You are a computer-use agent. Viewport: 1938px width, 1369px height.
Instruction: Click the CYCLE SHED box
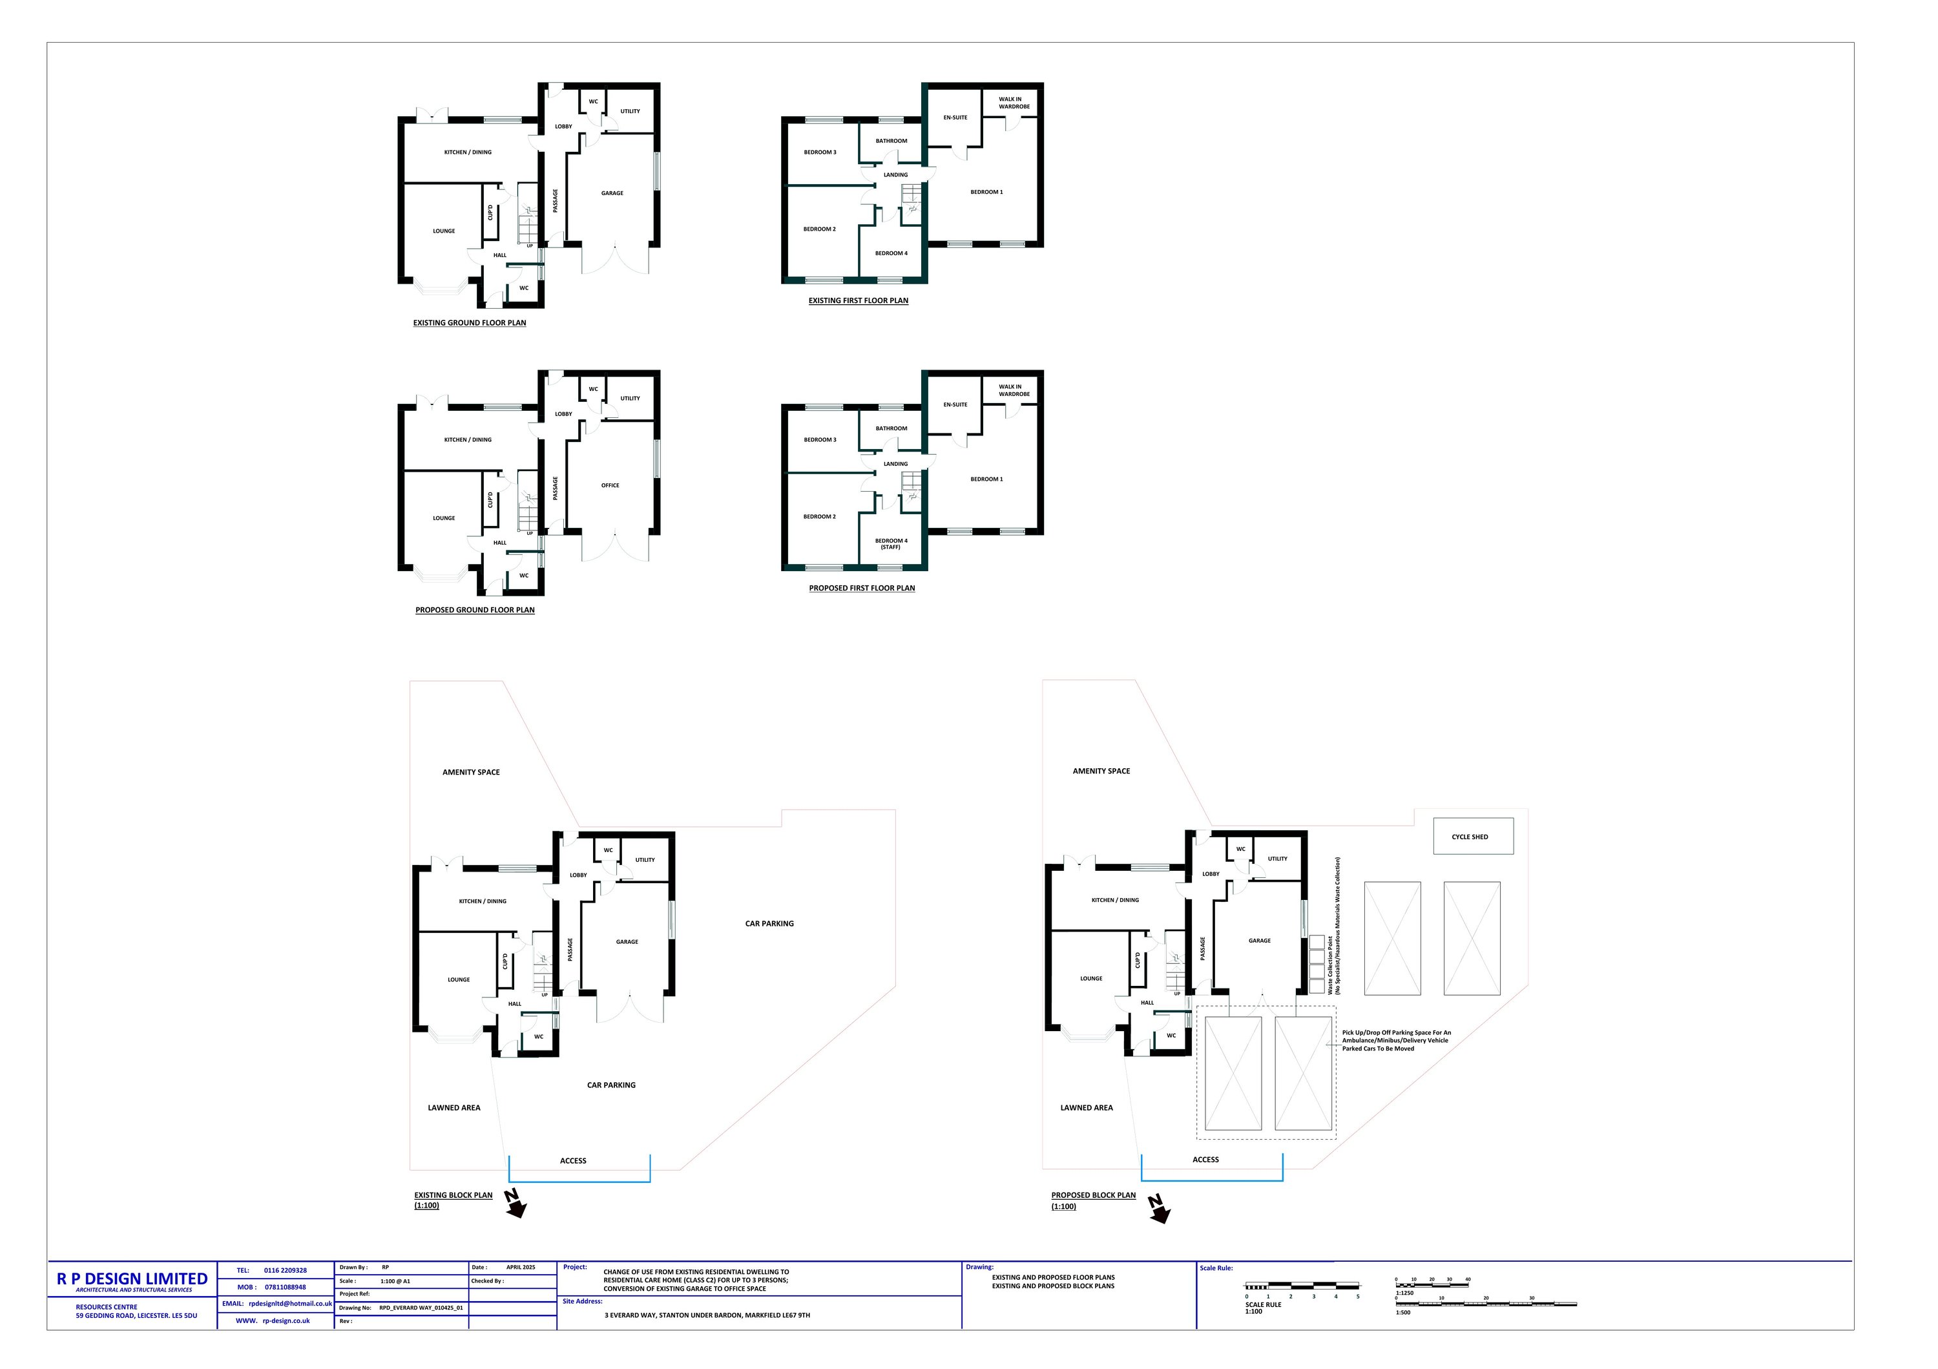pyautogui.click(x=1472, y=837)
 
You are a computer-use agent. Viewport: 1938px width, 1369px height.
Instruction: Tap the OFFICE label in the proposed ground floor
pyautogui.click(x=610, y=485)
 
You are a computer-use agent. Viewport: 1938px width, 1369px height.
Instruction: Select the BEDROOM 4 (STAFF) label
pyautogui.click(x=891, y=543)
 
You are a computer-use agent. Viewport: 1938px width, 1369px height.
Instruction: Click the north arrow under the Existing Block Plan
pyautogui.click(x=514, y=1204)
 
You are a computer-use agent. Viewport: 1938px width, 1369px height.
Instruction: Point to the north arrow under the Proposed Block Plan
pyautogui.click(x=1159, y=1207)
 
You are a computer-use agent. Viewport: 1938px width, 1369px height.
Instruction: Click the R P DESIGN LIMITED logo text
pyautogui.click(x=132, y=1279)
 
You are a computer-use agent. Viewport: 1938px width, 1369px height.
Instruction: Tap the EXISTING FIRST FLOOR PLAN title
pyautogui.click(x=858, y=300)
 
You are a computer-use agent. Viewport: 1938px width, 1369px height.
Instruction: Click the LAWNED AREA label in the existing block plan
pyautogui.click(x=454, y=1107)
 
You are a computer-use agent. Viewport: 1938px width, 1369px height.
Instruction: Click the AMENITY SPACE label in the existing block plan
pyautogui.click(x=471, y=772)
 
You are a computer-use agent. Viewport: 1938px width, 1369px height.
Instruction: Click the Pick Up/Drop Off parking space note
pyautogui.click(x=1396, y=1041)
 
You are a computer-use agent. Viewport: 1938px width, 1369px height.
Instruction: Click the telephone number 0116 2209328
pyautogui.click(x=286, y=1270)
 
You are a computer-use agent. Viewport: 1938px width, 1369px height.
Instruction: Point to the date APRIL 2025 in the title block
pyautogui.click(x=521, y=1268)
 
